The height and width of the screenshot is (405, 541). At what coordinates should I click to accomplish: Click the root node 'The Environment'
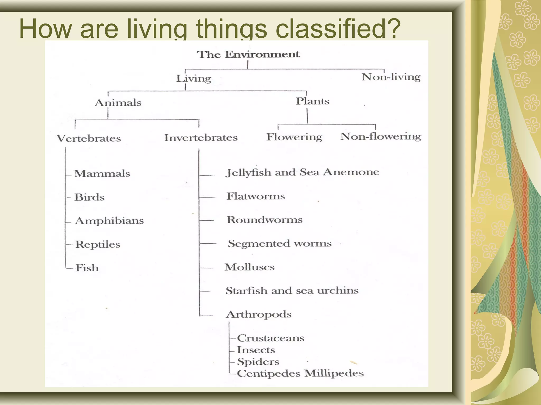click(248, 54)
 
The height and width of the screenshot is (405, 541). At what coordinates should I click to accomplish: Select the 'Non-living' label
click(391, 77)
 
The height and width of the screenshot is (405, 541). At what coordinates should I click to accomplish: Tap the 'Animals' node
click(118, 103)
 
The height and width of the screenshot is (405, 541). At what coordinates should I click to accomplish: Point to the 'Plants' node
click(313, 101)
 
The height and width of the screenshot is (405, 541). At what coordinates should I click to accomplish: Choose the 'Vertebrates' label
click(89, 138)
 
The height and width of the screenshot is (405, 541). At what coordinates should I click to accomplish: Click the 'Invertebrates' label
click(201, 138)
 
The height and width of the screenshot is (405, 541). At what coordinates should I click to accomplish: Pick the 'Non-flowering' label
click(381, 137)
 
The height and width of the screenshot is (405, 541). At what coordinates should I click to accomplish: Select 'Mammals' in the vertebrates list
click(102, 173)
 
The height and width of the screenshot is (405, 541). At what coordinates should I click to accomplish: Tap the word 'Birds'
click(89, 197)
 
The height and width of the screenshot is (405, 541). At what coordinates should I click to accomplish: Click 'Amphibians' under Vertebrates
click(109, 221)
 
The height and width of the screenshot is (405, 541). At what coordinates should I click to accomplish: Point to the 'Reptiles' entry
click(98, 244)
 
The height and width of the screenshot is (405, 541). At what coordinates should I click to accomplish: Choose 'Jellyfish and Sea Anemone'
click(302, 172)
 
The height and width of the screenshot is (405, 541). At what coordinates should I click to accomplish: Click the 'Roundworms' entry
click(264, 220)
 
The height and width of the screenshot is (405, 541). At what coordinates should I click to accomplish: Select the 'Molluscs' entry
click(250, 267)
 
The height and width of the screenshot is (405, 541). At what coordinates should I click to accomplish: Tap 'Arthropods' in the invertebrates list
click(259, 314)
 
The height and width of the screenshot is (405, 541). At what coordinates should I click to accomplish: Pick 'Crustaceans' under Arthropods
click(270, 338)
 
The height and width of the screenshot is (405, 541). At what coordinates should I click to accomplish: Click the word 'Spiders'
click(258, 361)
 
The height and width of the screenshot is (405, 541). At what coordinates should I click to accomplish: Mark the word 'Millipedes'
click(334, 373)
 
